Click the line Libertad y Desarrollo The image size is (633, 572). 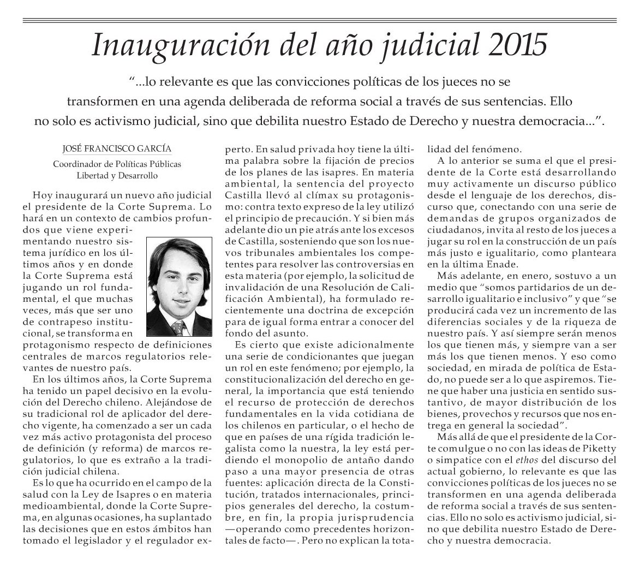[x=117, y=176]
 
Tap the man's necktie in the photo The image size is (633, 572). [x=176, y=328]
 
